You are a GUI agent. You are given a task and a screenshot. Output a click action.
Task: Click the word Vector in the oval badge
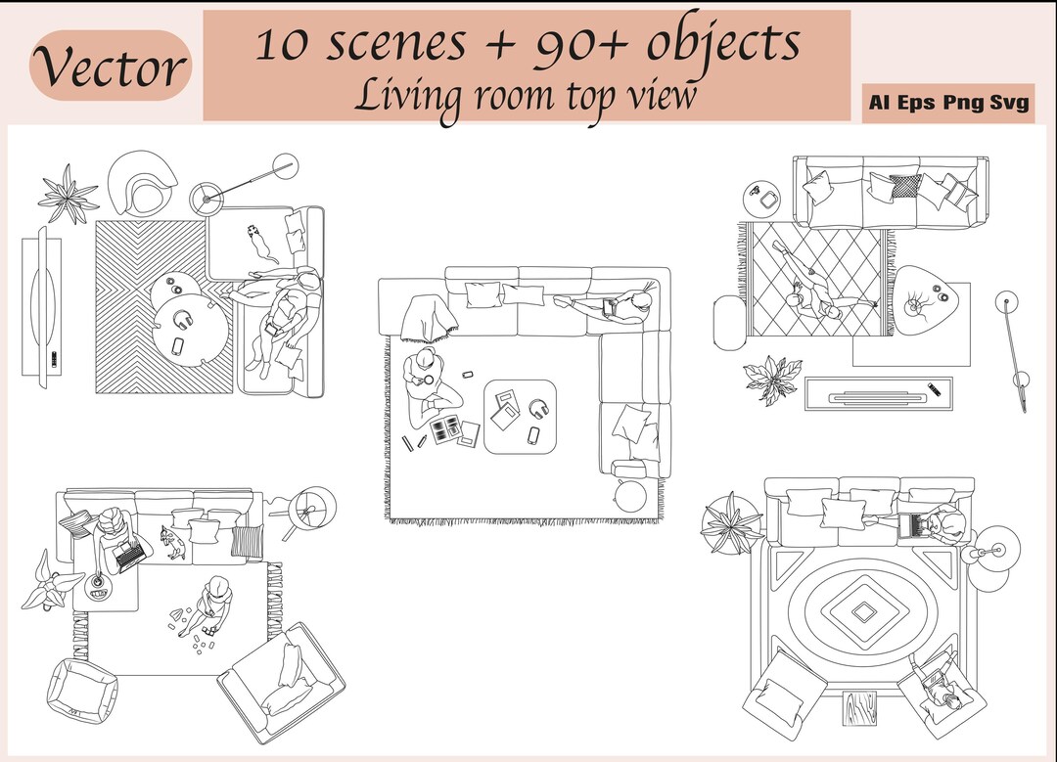pyautogui.click(x=110, y=67)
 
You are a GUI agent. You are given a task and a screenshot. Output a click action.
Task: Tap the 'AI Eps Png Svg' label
pyautogui.click(x=948, y=103)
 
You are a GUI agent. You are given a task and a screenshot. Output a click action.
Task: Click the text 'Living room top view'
pyautogui.click(x=526, y=96)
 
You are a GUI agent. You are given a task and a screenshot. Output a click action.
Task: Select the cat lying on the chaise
pyautogui.click(x=257, y=241)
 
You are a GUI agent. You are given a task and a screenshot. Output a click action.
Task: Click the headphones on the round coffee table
pyautogui.click(x=183, y=320)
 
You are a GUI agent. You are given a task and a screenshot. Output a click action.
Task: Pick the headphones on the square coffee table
pyautogui.click(x=537, y=409)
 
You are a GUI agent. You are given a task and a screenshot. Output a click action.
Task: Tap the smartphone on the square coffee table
pyautogui.click(x=533, y=433)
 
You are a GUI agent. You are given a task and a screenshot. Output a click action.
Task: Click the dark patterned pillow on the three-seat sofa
pyautogui.click(x=905, y=186)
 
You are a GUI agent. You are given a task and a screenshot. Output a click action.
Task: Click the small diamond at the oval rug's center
pyautogui.click(x=864, y=611)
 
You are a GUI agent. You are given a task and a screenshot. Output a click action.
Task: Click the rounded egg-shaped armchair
pyautogui.click(x=143, y=184)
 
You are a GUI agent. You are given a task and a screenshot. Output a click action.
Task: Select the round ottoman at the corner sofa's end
pyautogui.click(x=630, y=495)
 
